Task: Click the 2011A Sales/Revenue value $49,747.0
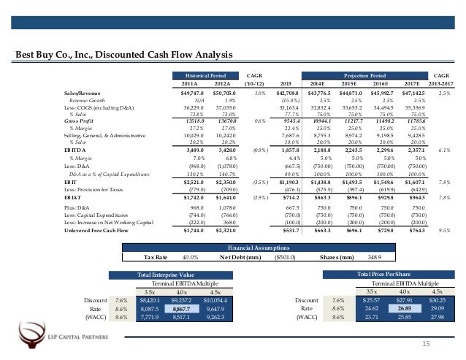(x=191, y=95)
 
